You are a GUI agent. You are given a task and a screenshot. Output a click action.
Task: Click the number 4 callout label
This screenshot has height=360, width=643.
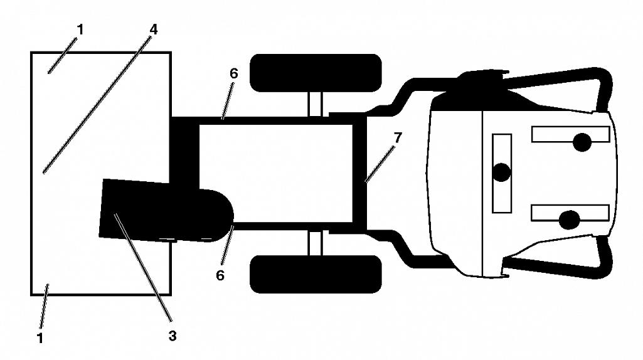[153, 29]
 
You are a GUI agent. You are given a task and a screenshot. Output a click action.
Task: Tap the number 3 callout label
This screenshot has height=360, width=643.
[173, 336]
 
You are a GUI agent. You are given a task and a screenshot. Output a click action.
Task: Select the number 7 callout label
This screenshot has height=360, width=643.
[397, 138]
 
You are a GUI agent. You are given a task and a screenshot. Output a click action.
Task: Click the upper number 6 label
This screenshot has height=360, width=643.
[233, 73]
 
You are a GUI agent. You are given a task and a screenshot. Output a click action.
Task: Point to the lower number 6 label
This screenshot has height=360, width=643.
[220, 275]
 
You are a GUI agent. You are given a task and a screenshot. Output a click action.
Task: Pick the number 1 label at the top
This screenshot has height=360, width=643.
[80, 29]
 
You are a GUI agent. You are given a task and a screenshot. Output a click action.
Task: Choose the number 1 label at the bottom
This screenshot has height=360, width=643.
[40, 338]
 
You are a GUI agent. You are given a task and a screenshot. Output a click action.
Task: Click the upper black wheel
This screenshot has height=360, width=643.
[316, 73]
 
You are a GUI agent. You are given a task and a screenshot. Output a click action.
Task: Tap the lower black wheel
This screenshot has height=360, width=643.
[316, 274]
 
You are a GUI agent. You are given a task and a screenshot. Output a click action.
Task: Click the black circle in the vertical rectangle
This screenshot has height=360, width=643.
[501, 172]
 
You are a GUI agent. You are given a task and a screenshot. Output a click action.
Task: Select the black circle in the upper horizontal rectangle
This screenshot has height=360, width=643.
[582, 142]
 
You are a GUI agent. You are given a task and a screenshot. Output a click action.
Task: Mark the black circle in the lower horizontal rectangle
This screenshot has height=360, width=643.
[569, 220]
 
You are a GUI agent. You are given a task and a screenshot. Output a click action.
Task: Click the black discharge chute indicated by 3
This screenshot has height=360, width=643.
[164, 210]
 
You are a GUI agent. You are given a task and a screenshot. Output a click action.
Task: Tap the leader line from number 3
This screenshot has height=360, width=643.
[142, 267]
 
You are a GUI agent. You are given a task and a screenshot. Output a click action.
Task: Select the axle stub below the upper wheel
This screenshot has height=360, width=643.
[316, 104]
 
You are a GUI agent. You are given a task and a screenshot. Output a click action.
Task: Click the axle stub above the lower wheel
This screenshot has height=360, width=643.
[316, 243]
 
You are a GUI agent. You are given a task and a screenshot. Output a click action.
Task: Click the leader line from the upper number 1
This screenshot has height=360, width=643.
[62, 55]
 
